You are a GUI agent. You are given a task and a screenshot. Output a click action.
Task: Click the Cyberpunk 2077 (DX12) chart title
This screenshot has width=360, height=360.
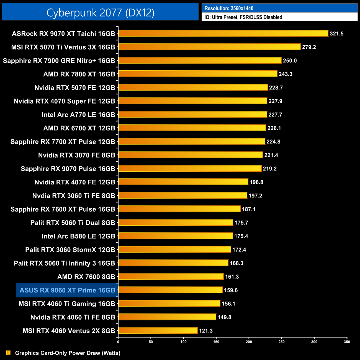click(x=100, y=12)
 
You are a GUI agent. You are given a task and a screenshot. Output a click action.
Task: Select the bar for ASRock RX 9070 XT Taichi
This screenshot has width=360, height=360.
click(x=223, y=34)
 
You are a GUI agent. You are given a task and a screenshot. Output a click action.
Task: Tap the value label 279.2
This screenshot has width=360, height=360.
click(x=309, y=47)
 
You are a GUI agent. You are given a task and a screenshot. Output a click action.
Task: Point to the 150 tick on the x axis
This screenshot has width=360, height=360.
click(x=216, y=342)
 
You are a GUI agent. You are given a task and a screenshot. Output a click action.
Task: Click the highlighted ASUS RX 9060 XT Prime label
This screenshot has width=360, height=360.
click(x=67, y=290)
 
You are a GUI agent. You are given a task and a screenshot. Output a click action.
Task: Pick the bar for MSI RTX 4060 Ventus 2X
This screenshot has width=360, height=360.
click(x=158, y=330)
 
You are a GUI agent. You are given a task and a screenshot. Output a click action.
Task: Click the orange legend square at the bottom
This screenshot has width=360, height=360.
click(x=8, y=353)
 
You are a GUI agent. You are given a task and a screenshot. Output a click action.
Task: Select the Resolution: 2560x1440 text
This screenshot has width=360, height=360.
click(x=229, y=8)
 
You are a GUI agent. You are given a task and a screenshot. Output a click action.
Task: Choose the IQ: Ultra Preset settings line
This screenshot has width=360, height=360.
click(x=243, y=17)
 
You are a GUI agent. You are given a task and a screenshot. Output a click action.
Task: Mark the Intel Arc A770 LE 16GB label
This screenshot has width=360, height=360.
click(x=78, y=115)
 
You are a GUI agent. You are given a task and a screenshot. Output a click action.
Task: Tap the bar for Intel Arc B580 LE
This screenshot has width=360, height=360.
click(x=176, y=236)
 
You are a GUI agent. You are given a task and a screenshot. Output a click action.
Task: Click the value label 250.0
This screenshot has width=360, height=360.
click(x=290, y=61)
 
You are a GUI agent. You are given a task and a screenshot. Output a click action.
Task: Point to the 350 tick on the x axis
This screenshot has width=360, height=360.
click(x=347, y=342)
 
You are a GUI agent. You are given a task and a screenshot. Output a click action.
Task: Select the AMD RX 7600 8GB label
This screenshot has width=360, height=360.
click(x=86, y=277)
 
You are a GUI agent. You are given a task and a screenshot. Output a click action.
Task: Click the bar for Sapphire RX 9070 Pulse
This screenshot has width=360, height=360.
click(x=190, y=168)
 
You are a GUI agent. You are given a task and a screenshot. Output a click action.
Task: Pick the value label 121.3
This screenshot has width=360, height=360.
click(x=206, y=331)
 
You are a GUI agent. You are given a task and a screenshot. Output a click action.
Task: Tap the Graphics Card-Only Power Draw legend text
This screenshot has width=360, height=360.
click(x=68, y=353)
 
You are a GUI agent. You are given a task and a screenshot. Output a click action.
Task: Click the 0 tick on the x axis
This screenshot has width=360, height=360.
click(x=118, y=342)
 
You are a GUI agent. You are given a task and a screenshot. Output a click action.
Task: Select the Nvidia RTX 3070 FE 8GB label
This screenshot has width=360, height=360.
click(x=76, y=155)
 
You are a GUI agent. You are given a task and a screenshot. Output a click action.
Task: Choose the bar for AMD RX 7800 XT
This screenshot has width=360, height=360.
click(x=198, y=74)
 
